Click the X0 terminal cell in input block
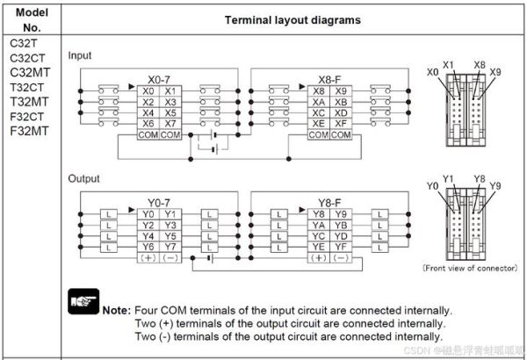[148, 90]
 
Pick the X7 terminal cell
[170, 124]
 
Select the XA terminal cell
[319, 102]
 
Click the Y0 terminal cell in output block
[148, 213]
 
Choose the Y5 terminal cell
[170, 235]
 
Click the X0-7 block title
[159, 79]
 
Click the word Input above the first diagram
[80, 54]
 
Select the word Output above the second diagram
[83, 178]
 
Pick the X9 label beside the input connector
[496, 71]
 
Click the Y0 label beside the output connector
[432, 186]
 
